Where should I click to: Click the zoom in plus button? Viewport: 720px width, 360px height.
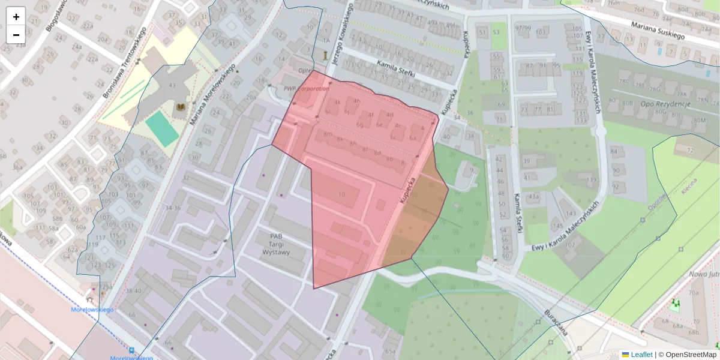click(x=16, y=16)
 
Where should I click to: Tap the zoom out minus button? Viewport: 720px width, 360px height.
click(x=16, y=35)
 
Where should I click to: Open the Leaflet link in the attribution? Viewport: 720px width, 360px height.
click(x=641, y=355)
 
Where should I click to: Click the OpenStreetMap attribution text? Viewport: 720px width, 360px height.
click(x=691, y=355)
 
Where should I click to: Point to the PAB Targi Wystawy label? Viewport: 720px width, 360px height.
click(x=275, y=244)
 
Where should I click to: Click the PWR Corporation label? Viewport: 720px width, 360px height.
click(x=307, y=89)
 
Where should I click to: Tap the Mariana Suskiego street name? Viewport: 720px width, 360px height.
click(x=657, y=31)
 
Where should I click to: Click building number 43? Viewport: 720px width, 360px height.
click(x=172, y=86)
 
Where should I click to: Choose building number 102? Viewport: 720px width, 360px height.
click(x=570, y=245)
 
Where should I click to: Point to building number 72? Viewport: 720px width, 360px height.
click(x=690, y=149)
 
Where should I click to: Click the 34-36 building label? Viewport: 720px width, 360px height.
click(x=173, y=208)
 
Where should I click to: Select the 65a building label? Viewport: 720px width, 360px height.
click(x=391, y=351)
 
